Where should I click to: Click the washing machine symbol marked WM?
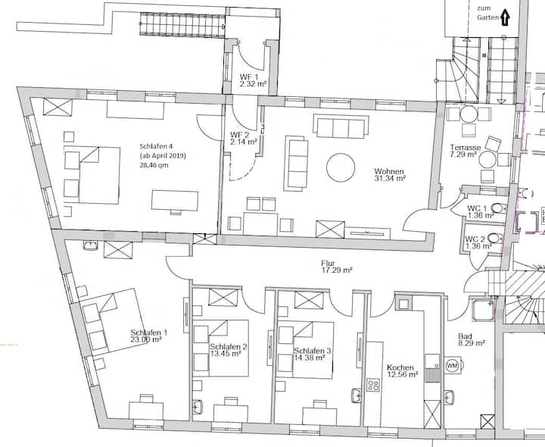pyautogui.click(x=452, y=366)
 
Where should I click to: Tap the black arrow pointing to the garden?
pyautogui.click(x=505, y=18)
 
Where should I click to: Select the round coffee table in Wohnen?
pyautogui.click(x=341, y=167)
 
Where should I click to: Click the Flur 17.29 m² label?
pyautogui.click(x=337, y=267)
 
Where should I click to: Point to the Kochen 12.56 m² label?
pyautogui.click(x=402, y=370)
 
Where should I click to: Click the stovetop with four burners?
pyautogui.click(x=374, y=385)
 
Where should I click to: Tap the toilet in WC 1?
pyautogui.click(x=498, y=208)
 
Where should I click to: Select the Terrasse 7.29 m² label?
pyautogui.click(x=466, y=151)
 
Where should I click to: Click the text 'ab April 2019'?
pyautogui.click(x=163, y=155)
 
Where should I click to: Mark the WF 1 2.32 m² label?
pyautogui.click(x=253, y=80)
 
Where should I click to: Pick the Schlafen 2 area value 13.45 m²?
pyautogui.click(x=226, y=353)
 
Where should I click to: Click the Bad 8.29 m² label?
pyautogui.click(x=472, y=339)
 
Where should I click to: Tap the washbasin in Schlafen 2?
pyautogui.click(x=198, y=407)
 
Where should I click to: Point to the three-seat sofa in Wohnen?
pyautogui.click(x=341, y=127)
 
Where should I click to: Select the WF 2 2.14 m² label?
pyautogui.click(x=243, y=138)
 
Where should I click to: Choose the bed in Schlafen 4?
pyautogui.click(x=92, y=175)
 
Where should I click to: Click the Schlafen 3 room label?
pyautogui.click(x=312, y=351)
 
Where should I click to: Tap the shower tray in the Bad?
pyautogui.click(x=483, y=310)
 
